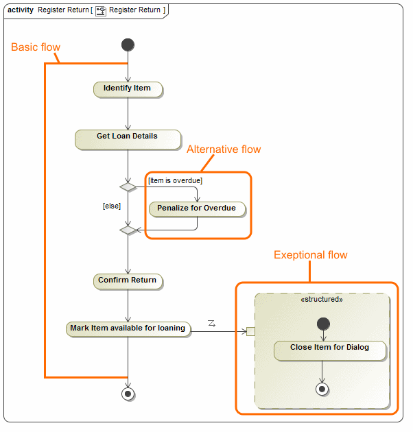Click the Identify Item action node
click(128, 88)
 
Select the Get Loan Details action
click(128, 137)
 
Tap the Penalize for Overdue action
click(197, 208)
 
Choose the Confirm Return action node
click(128, 280)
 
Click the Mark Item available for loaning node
click(128, 328)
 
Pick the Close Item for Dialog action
click(329, 348)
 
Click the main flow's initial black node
click(128, 45)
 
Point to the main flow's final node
click(128, 394)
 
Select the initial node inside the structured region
click(322, 323)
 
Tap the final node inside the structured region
click(322, 389)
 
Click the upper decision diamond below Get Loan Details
click(128, 187)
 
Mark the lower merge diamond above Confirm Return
click(128, 230)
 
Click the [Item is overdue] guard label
click(175, 180)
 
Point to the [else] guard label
click(112, 205)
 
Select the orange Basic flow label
click(36, 47)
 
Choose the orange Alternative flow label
click(224, 149)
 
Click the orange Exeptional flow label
click(310, 255)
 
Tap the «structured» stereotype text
click(322, 300)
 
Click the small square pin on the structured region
click(250, 332)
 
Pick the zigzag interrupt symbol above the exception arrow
click(211, 322)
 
